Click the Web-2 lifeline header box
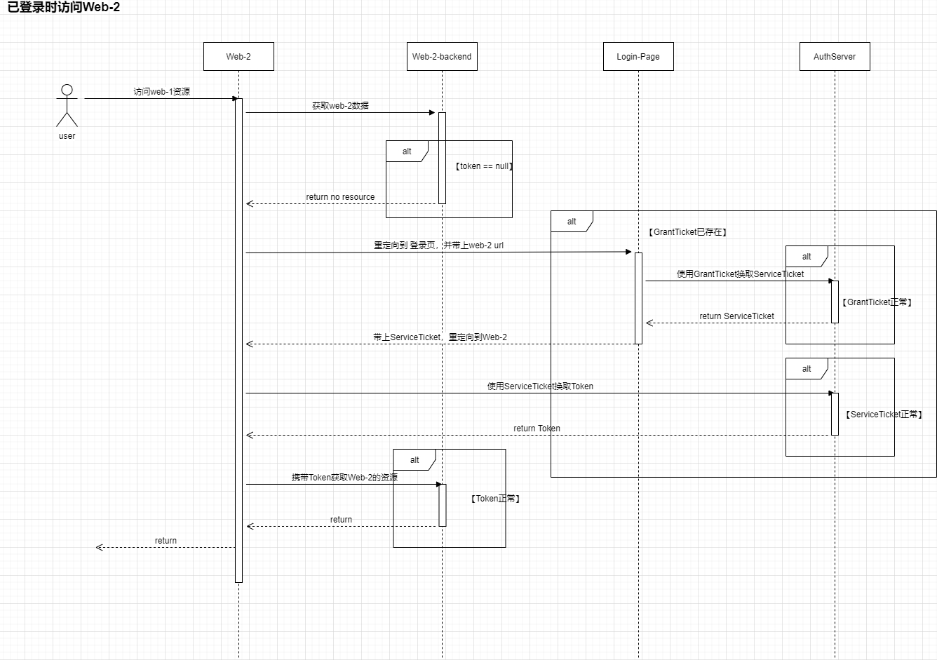238,57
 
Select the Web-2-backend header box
442,57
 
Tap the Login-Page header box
638,57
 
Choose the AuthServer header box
835,57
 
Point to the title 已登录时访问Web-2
64,8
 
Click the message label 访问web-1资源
162,92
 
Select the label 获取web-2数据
340,106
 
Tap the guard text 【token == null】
484,166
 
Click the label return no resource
340,197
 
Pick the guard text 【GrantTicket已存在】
687,232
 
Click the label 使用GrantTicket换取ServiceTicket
740,274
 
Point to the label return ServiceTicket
736,316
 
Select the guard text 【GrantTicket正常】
877,302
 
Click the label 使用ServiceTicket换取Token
540,386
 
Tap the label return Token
537,429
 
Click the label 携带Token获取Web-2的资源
344,478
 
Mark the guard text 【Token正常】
495,499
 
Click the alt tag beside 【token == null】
407,151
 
